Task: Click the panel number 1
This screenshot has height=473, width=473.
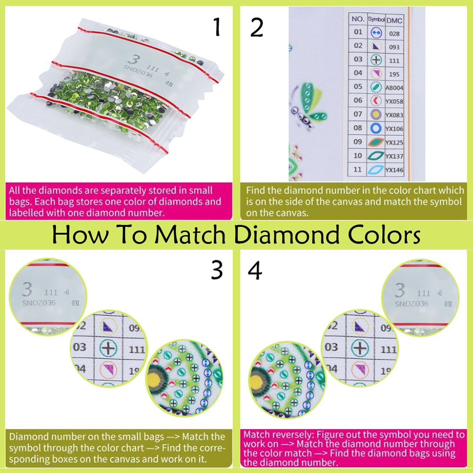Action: coord(217,28)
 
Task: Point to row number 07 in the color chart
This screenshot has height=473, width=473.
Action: coord(358,114)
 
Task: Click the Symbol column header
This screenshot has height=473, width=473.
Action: coord(376,20)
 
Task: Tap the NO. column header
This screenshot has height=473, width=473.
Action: coord(358,20)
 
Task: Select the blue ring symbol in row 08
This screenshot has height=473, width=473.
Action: coord(376,128)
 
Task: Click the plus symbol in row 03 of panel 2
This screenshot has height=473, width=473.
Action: coord(376,60)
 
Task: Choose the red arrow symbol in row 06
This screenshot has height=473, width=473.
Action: coord(376,101)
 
